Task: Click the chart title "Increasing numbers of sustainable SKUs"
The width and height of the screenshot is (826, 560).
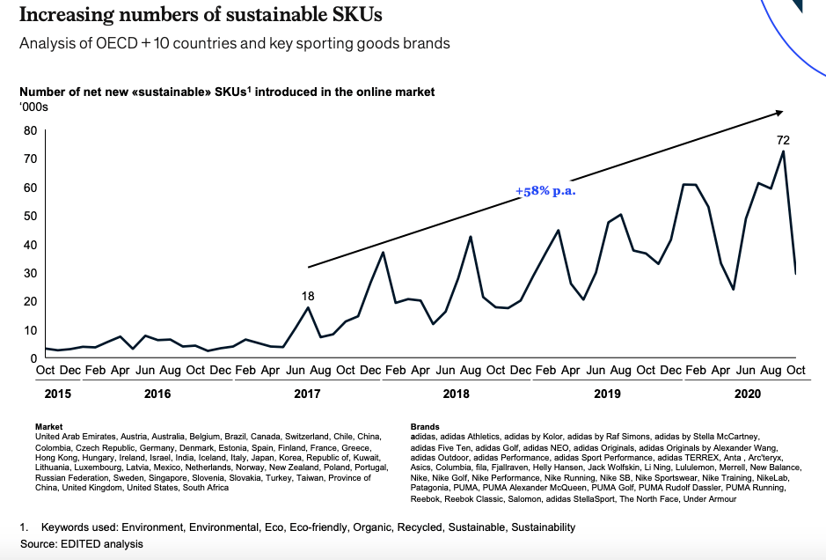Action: (201, 16)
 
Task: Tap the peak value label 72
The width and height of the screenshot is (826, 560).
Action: (783, 140)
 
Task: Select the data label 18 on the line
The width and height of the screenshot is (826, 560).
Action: (308, 296)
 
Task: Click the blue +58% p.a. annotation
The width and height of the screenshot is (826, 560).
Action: (545, 191)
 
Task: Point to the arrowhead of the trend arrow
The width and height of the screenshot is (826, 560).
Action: (779, 112)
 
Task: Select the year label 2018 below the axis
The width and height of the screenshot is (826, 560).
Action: (456, 393)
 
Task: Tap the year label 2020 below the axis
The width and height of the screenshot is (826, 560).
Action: (747, 393)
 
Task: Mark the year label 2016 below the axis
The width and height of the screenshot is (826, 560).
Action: (158, 393)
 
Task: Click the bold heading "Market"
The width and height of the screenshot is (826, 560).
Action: (48, 427)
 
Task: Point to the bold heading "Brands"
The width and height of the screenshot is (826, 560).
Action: (425, 427)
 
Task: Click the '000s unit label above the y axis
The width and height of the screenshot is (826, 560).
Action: (33, 107)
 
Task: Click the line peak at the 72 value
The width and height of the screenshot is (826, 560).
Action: (783, 151)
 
